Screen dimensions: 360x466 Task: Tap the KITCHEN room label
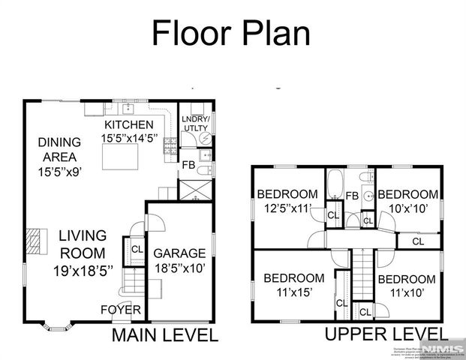pos(128,124)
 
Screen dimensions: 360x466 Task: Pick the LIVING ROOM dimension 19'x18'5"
pos(83,271)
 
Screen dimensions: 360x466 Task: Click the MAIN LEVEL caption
pos(164,335)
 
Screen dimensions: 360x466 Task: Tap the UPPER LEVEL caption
pos(386,334)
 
